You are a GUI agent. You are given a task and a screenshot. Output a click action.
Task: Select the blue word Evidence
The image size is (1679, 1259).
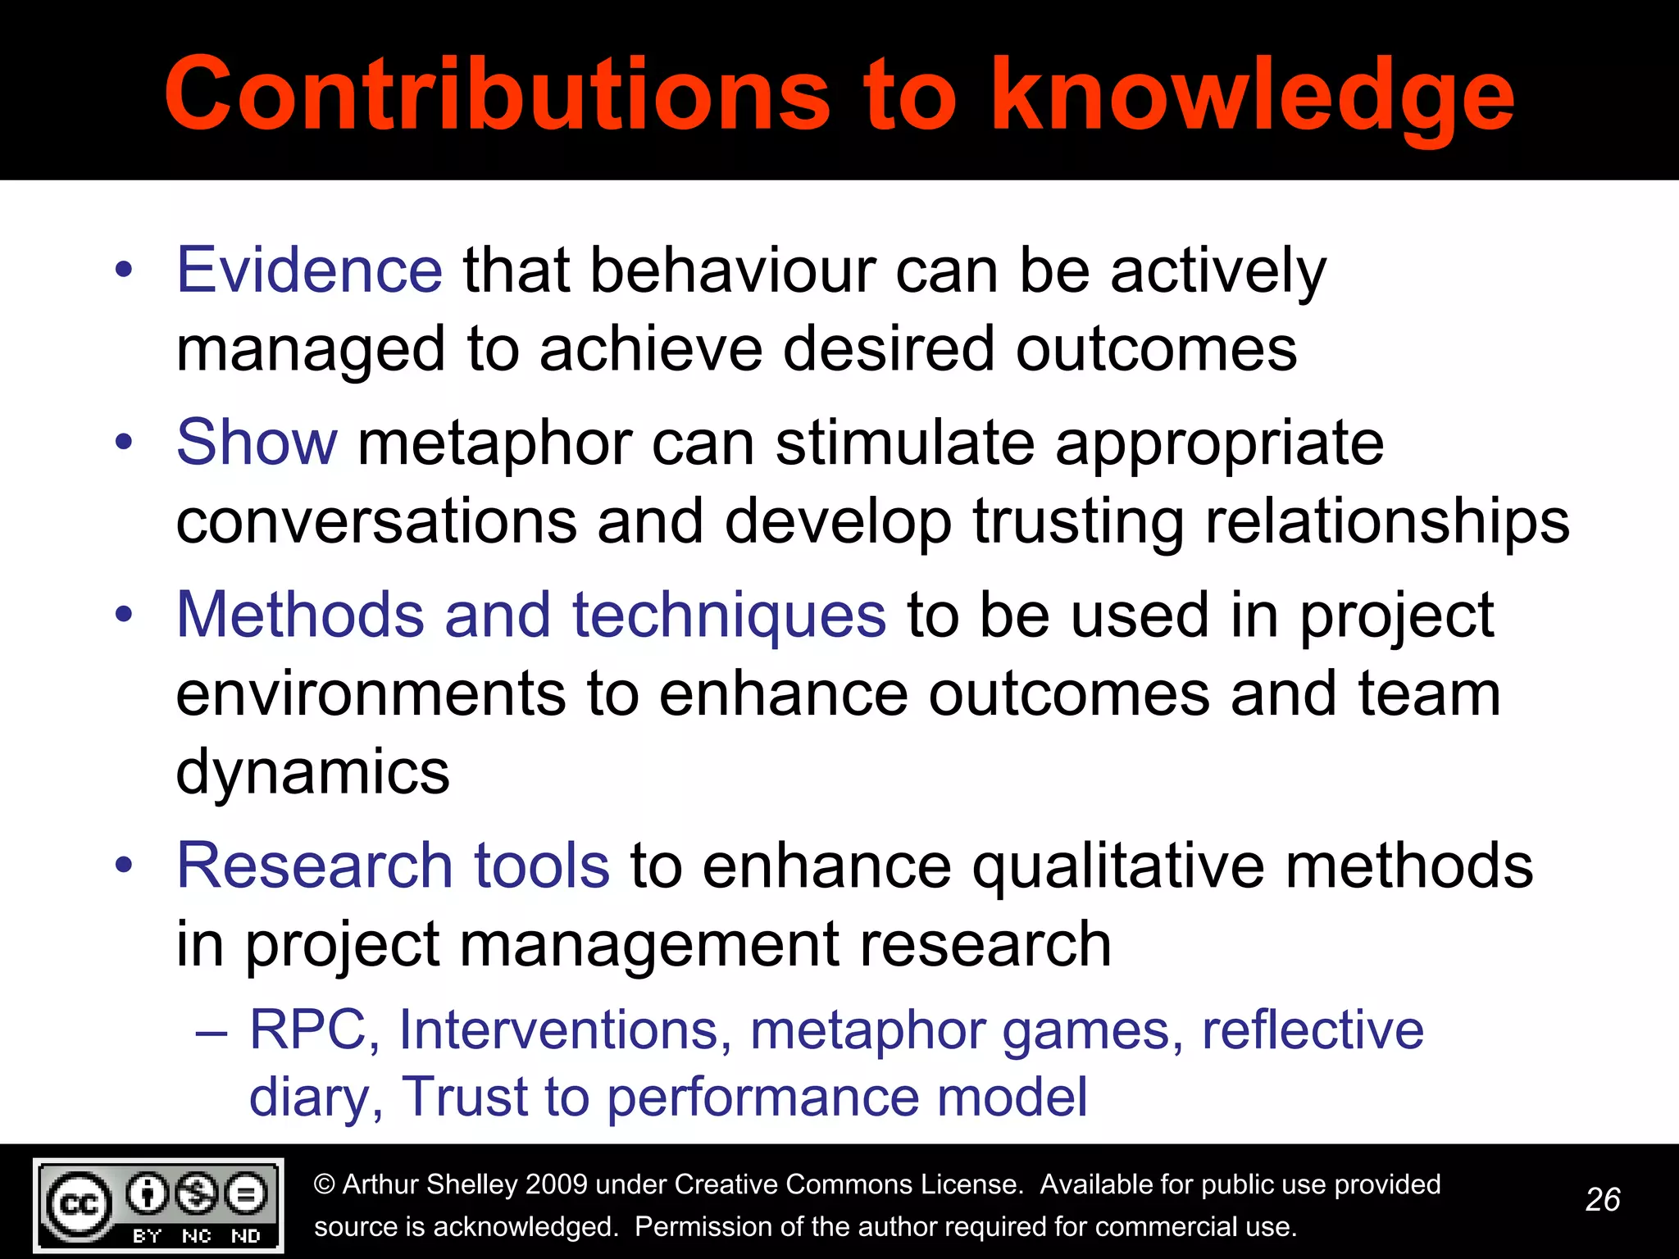click(x=309, y=270)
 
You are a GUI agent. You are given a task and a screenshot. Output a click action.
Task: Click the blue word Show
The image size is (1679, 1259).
click(x=257, y=442)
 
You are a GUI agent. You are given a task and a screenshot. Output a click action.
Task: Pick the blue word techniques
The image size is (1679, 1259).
click(x=729, y=616)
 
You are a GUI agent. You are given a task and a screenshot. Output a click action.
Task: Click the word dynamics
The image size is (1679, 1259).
click(x=312, y=771)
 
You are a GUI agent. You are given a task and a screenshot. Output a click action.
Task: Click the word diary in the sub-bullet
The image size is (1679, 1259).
click(x=307, y=1097)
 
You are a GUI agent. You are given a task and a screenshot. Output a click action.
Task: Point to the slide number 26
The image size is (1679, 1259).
click(x=1603, y=1199)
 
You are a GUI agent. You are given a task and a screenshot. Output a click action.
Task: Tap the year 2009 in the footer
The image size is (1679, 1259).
click(x=556, y=1184)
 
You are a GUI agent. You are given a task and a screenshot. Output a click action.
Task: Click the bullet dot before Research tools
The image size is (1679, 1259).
click(x=124, y=865)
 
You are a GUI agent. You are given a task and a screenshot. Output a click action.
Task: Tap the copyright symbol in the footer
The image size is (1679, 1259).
click(x=325, y=1184)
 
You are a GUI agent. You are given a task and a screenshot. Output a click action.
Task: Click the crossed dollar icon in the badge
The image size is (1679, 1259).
click(x=197, y=1193)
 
